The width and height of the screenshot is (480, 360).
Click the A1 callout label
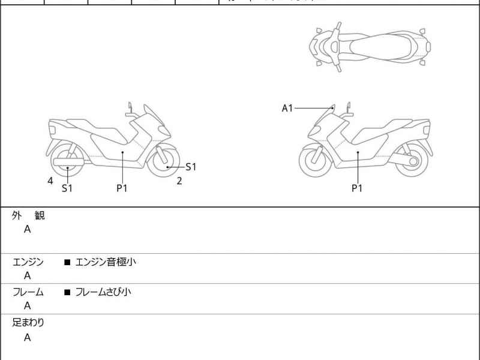(287, 108)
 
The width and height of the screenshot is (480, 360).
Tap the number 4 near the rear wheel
(50, 181)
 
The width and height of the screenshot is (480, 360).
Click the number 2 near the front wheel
(179, 181)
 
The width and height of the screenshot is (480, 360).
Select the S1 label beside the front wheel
(191, 167)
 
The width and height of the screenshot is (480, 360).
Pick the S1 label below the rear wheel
(68, 188)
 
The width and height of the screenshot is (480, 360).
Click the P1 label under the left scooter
(122, 188)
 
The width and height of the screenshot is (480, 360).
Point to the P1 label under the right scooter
(357, 188)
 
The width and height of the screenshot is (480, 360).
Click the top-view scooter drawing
(369, 47)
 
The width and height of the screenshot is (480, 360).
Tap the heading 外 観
(28, 216)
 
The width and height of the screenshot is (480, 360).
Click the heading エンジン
(28, 262)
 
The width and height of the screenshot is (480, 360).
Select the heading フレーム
(28, 292)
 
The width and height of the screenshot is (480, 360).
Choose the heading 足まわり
(28, 323)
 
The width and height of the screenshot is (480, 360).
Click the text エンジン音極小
(106, 262)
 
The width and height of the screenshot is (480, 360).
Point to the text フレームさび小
(103, 292)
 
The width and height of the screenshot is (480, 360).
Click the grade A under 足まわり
(28, 337)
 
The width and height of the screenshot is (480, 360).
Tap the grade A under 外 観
(28, 229)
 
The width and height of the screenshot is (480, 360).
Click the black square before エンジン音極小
(67, 262)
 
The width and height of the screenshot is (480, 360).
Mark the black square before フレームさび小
(67, 293)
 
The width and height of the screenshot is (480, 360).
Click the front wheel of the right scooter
(316, 161)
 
